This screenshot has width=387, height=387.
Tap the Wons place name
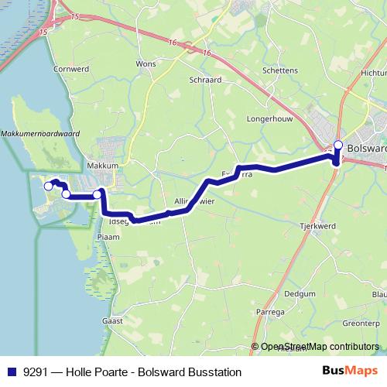[145, 63]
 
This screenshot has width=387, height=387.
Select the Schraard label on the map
[205, 79]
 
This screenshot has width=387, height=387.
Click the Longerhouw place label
[267, 120]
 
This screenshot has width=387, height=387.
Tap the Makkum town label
[102, 166]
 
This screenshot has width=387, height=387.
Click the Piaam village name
[107, 237]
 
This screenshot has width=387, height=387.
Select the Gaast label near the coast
[113, 320]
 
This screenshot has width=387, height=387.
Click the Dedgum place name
[299, 294]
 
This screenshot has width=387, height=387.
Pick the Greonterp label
[361, 323]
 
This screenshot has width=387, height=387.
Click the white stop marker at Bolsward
[337, 144]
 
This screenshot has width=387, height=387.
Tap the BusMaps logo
[351, 372]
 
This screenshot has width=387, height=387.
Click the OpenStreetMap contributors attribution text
[320, 347]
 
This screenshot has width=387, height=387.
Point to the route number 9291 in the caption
[35, 372]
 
